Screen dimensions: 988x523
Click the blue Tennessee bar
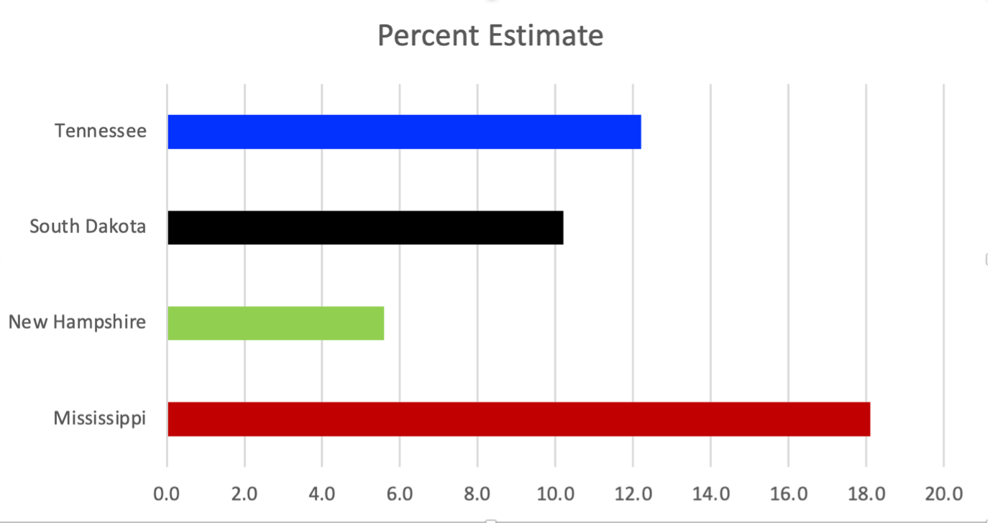(x=404, y=132)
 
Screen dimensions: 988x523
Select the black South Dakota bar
(x=366, y=228)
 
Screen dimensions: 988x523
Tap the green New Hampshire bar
(x=276, y=324)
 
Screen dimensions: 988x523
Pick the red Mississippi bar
(x=519, y=419)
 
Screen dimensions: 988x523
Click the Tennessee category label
(x=101, y=131)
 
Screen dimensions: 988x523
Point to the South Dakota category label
(x=88, y=227)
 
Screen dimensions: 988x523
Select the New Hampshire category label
(x=77, y=322)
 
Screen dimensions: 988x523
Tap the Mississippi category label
(x=100, y=419)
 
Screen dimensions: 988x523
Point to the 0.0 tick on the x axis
(x=166, y=494)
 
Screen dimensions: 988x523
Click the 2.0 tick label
(x=244, y=494)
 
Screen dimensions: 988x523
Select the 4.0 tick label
(x=322, y=494)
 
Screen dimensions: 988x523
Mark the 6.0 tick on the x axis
(x=400, y=494)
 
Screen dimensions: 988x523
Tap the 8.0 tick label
(x=477, y=494)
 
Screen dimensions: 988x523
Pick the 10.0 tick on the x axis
(x=555, y=494)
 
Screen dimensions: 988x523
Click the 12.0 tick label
(x=633, y=494)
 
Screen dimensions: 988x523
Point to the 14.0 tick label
(x=711, y=494)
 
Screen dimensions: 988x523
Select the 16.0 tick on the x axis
(x=789, y=494)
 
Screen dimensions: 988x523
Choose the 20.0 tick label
(x=944, y=494)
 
